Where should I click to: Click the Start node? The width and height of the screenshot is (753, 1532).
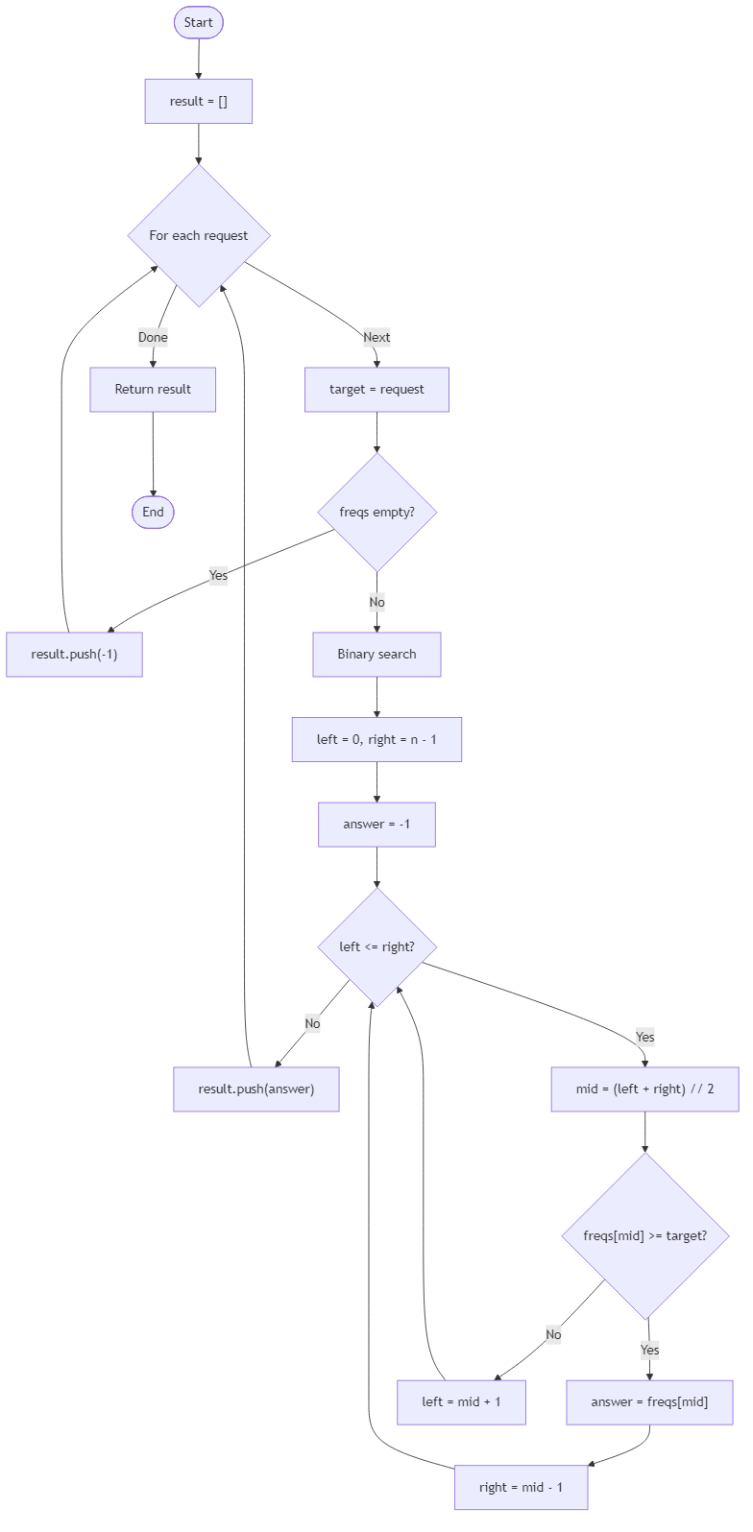click(199, 22)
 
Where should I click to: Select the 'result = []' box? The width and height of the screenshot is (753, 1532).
click(199, 102)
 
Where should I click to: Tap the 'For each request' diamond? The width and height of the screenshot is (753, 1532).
click(199, 235)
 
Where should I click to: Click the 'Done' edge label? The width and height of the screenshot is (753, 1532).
click(153, 337)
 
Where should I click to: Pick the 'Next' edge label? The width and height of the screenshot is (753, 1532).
click(376, 337)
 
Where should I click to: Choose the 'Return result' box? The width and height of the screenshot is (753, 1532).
click(153, 390)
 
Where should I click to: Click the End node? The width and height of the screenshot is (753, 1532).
click(153, 512)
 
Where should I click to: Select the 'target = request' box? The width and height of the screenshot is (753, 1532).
click(376, 390)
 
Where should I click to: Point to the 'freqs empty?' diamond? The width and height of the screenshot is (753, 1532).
click(376, 512)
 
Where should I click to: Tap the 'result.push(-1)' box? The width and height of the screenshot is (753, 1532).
click(74, 655)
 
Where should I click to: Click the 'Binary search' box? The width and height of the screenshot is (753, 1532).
click(376, 655)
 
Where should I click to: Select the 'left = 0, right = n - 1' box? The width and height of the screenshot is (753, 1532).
click(376, 740)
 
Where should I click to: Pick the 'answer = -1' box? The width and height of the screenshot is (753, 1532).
click(376, 825)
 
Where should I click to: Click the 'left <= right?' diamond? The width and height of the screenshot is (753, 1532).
click(376, 946)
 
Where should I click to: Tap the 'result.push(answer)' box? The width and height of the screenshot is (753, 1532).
click(255, 1089)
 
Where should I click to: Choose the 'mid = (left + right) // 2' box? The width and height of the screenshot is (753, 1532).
click(644, 1089)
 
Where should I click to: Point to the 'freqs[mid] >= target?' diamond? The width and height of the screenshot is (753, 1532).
click(644, 1235)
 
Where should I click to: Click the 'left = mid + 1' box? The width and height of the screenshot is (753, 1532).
click(461, 1402)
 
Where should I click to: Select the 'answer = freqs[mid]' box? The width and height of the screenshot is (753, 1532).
click(649, 1402)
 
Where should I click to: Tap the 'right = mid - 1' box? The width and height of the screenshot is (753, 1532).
click(521, 1488)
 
